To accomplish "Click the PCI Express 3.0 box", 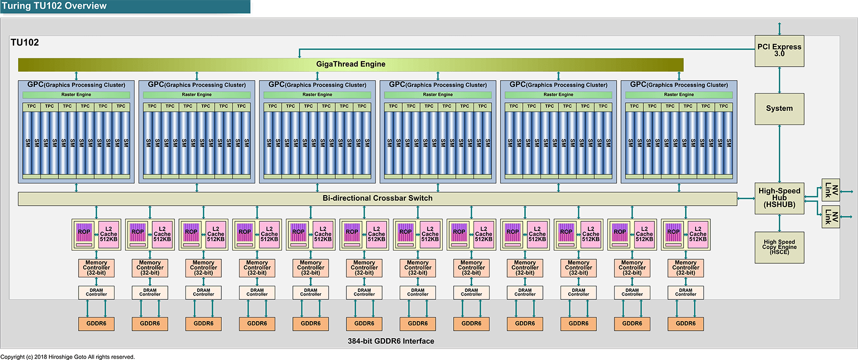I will (779, 50).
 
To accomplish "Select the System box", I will (779, 108).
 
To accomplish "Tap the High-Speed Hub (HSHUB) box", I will (779, 198).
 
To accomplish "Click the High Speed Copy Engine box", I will (779, 247).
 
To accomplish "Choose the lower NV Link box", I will (830, 217).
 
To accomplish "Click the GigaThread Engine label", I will (350, 64).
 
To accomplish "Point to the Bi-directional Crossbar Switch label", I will (377, 198).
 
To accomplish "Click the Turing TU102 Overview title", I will (54, 6).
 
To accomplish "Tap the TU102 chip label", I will (25, 42).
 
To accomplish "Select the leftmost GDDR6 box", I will (96, 323).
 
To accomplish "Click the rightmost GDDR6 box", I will (686, 323).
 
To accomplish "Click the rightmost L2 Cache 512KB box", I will (698, 234).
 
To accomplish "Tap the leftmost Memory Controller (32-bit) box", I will (96, 268).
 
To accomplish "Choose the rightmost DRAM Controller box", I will (686, 292).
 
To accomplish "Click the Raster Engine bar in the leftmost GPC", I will (76, 95).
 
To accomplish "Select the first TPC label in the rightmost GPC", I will (634, 106).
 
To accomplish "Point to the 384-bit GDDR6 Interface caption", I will (391, 341).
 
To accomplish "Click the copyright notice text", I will (68, 356).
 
